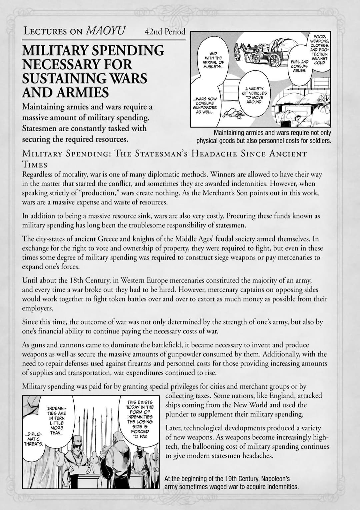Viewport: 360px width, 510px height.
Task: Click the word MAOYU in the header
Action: pos(105,31)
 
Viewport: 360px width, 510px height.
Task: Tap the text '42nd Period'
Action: pos(165,32)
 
